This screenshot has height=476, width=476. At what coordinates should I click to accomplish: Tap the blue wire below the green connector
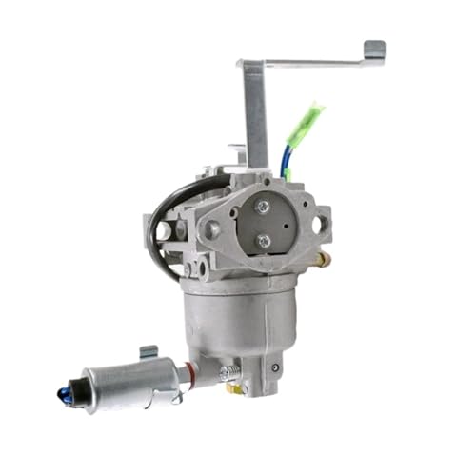286,157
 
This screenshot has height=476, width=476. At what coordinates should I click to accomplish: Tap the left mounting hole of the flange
211,229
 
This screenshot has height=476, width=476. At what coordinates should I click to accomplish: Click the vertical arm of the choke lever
254,114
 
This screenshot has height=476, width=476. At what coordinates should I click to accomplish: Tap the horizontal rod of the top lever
314,62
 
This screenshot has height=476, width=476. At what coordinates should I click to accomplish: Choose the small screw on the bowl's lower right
276,367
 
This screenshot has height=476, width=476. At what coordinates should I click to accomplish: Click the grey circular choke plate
263,224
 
